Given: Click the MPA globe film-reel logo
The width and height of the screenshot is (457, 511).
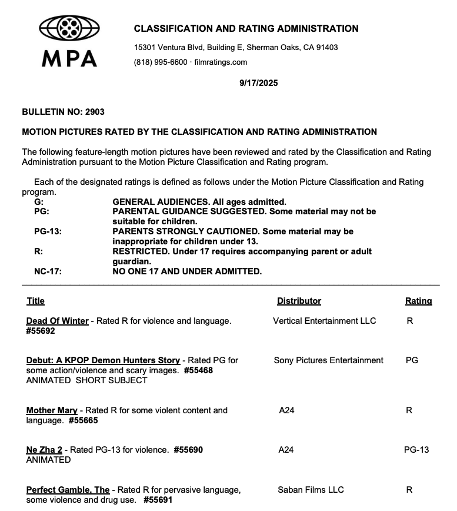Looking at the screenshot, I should tap(69, 28).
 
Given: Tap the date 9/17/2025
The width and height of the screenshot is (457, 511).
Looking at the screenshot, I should tap(259, 83).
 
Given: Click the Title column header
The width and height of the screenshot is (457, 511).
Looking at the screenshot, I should tap(35, 301).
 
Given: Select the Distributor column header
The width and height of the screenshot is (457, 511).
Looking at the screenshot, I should tap(299, 301).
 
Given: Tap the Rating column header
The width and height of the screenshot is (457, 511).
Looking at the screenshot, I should tap(418, 301).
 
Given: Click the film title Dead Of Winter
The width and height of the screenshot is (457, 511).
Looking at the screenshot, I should tap(57, 321).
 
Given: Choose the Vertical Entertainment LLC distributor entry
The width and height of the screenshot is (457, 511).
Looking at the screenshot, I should tap(324, 321).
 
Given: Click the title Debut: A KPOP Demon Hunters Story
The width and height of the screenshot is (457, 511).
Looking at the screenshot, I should tap(103, 360).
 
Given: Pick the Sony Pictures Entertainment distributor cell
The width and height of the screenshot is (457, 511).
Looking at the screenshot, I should tap(328, 360).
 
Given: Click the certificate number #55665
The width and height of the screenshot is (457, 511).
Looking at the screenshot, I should tap(83, 420).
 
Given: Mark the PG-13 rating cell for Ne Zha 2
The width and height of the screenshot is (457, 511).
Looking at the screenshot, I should tap(416, 450).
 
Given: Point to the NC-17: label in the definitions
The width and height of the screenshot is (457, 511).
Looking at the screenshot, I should tap(48, 271).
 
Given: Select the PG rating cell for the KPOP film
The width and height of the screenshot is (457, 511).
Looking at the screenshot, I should tap(412, 360).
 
